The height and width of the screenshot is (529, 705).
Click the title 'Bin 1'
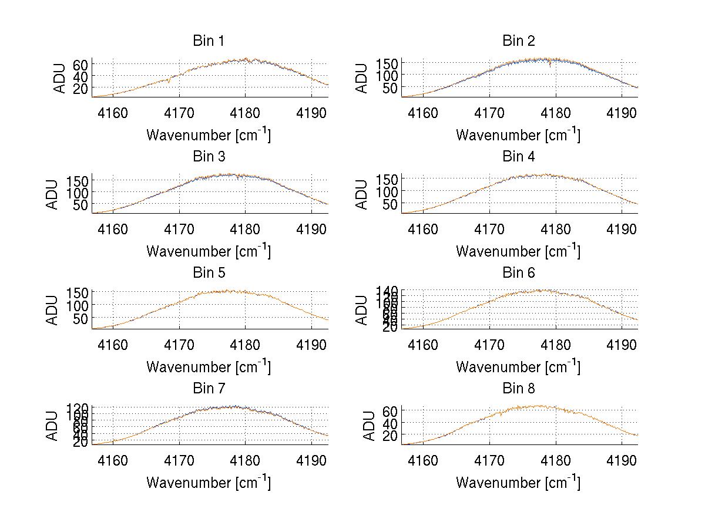pos(209,41)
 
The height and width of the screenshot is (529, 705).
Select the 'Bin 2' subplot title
pos(519,41)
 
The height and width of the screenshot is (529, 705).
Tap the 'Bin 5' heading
pos(209,273)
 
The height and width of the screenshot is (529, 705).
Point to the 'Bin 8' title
pos(519,389)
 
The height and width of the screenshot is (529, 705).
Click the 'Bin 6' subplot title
pos(519,273)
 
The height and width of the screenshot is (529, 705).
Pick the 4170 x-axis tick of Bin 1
pos(179,113)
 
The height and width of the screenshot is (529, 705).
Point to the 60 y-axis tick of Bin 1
pos(80,64)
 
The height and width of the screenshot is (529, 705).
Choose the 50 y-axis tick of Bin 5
pos(80,318)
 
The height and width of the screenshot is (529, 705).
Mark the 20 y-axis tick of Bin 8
pos(390,434)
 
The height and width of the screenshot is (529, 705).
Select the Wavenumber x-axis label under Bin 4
pos(518,251)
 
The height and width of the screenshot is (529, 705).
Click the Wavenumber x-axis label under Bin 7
pos(209,482)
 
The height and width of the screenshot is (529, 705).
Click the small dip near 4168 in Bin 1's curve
pos(169,82)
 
